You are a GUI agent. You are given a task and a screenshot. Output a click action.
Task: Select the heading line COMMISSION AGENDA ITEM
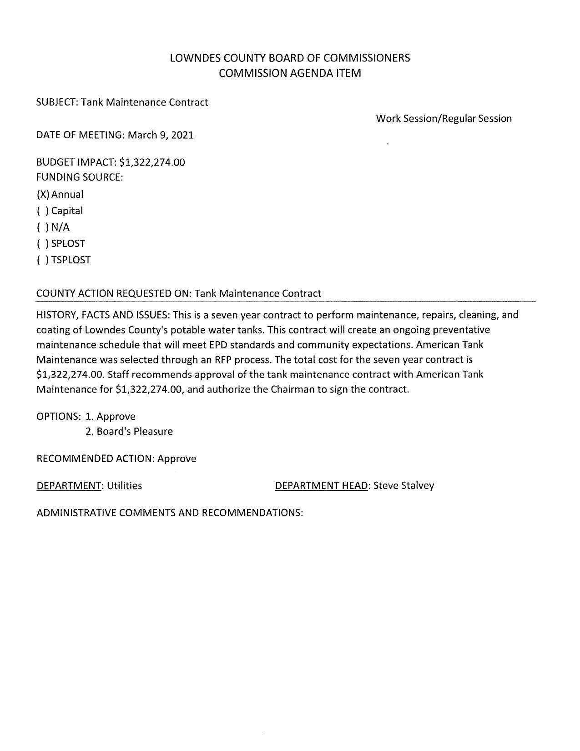pos(290,73)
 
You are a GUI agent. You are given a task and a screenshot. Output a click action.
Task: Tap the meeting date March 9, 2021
pos(161,135)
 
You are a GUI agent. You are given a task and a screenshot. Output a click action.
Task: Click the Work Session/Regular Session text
pos(444,119)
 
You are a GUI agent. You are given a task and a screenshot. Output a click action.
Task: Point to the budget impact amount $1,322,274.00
pos(152,162)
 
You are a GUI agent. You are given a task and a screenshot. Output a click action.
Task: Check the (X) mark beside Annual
pos(43,195)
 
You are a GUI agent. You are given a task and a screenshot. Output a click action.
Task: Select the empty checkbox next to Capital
pos(43,211)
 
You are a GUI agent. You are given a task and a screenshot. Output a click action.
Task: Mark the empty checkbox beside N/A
pos(43,227)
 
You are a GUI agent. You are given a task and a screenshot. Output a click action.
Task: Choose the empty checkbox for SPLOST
pos(43,244)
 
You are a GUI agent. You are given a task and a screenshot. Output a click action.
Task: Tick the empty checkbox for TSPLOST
pos(43,260)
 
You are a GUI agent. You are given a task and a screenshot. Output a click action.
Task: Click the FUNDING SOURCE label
pos(80,177)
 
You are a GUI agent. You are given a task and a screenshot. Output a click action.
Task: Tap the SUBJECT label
pos(57,102)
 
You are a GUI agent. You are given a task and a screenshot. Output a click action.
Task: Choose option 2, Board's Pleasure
pos(129,432)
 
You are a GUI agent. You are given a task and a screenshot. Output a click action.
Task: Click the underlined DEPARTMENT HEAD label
pos(321,486)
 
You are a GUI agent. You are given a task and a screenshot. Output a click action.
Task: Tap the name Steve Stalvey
pos(403,486)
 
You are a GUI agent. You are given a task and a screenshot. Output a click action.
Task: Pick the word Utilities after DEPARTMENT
pos(124,486)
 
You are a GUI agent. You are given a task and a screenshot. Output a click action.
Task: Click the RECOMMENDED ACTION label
pos(95,459)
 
